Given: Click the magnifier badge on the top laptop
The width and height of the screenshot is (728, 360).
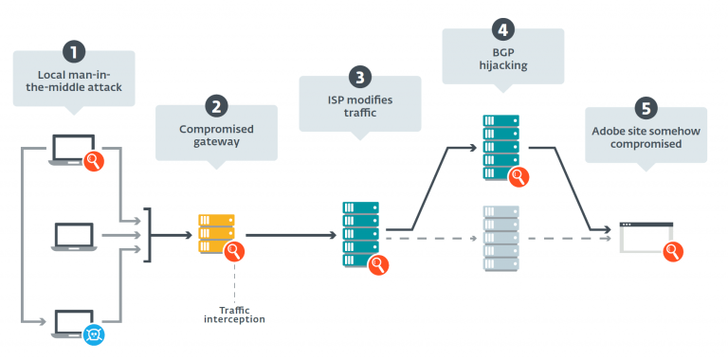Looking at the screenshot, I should point(95,162).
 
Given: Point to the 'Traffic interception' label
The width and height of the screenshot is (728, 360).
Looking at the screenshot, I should point(234,314).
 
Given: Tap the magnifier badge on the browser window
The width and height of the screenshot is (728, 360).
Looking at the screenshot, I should point(672,251).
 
